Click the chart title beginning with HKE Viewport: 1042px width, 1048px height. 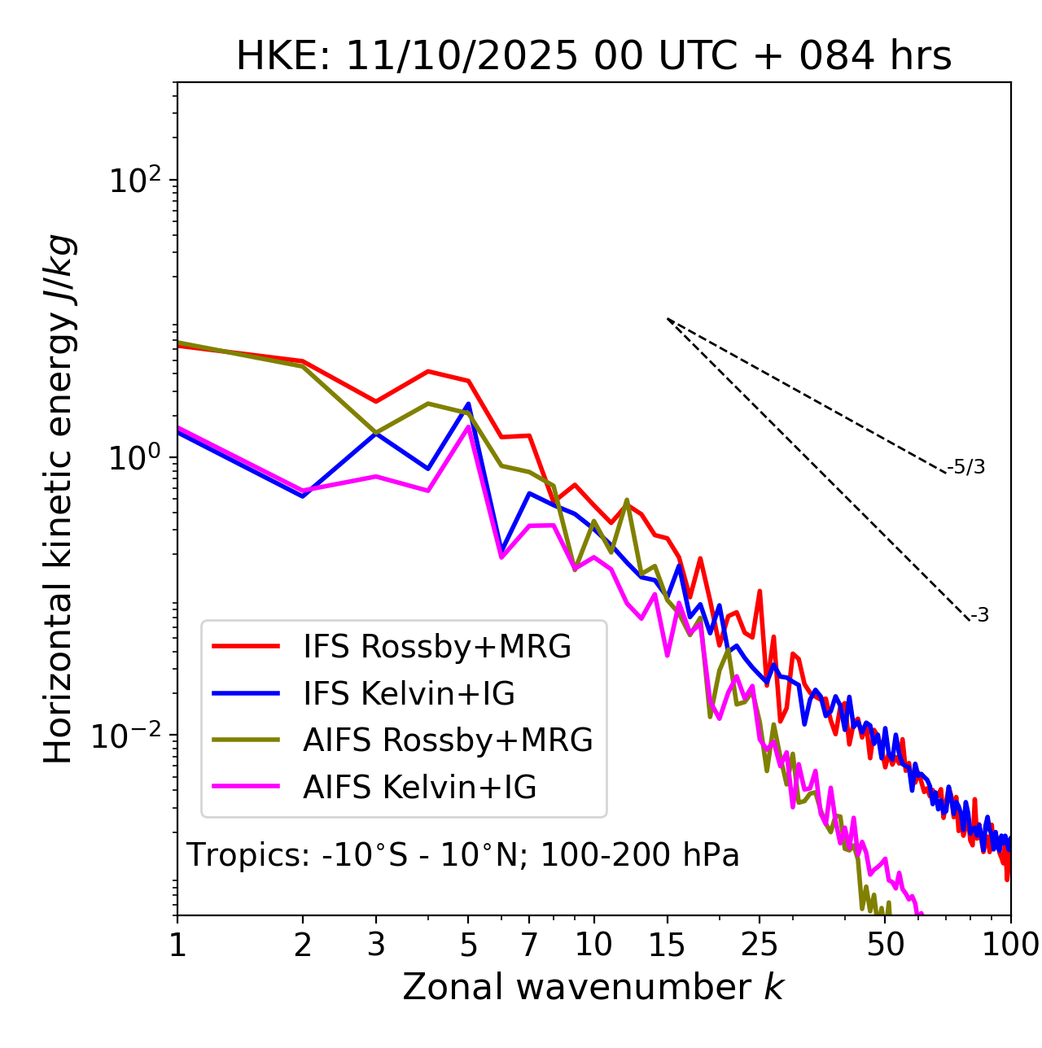[x=593, y=57]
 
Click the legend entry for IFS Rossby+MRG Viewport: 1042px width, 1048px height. [x=436, y=647]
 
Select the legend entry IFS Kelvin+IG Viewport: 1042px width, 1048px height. [x=409, y=694]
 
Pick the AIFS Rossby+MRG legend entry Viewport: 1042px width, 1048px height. [x=448, y=740]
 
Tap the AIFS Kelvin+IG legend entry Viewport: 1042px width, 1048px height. [x=419, y=788]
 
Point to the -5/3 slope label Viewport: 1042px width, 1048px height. [x=966, y=467]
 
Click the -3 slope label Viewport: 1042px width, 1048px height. [x=979, y=616]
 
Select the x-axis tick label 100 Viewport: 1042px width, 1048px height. [x=1010, y=945]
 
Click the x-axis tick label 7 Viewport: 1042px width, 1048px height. [x=529, y=945]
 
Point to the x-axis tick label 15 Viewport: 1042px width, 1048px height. [x=667, y=945]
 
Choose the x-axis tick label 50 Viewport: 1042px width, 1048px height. [x=885, y=945]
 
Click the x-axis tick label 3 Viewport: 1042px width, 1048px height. [x=376, y=945]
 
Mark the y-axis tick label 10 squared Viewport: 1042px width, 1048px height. [x=134, y=181]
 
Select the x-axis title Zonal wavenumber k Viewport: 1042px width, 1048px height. [x=593, y=987]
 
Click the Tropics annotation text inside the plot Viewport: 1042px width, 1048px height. [x=463, y=855]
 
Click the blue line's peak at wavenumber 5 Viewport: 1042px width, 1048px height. [x=468, y=404]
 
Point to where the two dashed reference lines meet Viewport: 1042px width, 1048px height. [x=668, y=319]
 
